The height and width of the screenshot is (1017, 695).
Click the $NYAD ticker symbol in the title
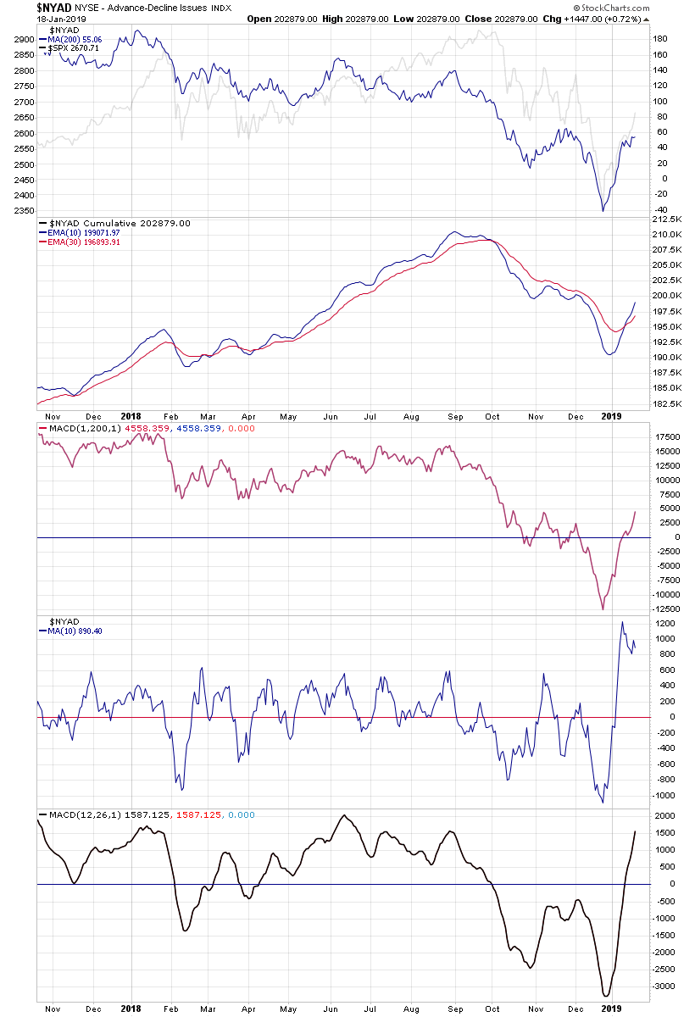(x=53, y=7)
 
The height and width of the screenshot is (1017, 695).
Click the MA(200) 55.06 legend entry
(x=76, y=39)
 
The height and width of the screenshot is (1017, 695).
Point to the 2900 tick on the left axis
(x=25, y=40)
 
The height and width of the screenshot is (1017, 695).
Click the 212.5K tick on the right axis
(x=667, y=219)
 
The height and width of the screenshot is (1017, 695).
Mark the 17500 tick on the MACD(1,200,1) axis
(x=667, y=436)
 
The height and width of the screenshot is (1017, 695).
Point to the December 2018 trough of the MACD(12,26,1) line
(x=605, y=996)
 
